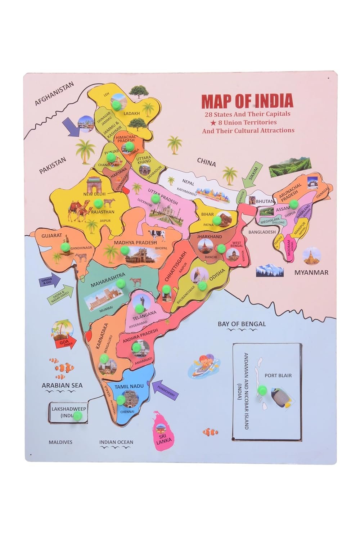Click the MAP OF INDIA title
[x=247, y=101]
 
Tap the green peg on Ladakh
[x=117, y=105]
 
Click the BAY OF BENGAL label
[x=242, y=324]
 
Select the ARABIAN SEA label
[x=62, y=385]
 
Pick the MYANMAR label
[x=311, y=273]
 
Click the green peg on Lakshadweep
[x=77, y=416]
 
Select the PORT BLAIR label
[x=278, y=375]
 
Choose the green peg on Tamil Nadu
[x=120, y=400]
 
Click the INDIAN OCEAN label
[x=116, y=442]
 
